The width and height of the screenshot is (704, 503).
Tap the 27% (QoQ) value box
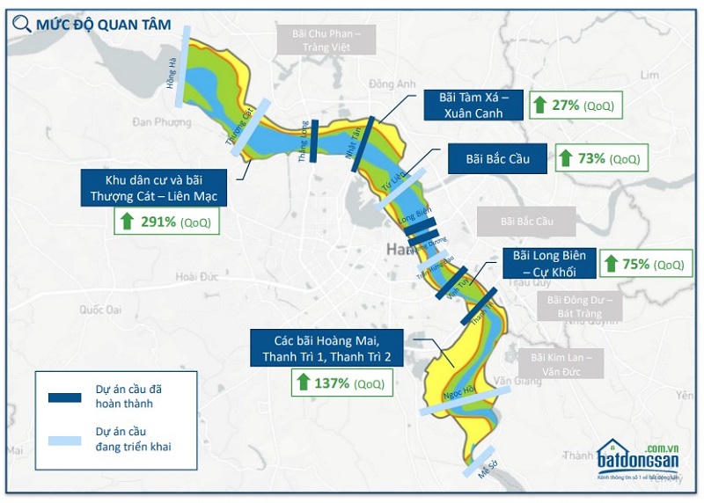tap(575, 106)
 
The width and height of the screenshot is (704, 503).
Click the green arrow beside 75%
tap(610, 264)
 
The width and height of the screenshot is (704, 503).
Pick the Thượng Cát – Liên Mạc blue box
tap(153, 186)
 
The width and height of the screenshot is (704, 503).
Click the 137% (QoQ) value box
tap(338, 383)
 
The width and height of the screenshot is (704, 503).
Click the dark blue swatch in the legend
tap(64, 397)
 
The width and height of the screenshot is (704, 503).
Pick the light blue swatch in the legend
tap(64, 440)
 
